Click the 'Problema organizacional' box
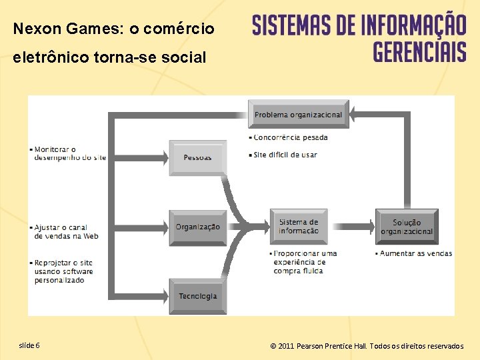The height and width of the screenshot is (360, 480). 298,115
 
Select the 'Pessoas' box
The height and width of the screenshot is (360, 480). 198,157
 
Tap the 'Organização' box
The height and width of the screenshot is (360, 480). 198,227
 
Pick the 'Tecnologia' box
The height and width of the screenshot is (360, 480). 198,296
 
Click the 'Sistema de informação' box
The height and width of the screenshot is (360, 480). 299,227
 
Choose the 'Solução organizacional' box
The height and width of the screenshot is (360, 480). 407,227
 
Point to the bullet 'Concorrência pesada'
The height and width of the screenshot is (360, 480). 291,138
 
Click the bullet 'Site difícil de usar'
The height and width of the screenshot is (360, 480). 285,155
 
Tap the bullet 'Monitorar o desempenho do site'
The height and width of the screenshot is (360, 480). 69,153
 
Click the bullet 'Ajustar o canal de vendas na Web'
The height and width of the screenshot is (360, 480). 66,231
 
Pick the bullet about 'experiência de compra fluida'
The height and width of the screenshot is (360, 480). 305,262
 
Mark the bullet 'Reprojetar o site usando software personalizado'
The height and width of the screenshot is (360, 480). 63,271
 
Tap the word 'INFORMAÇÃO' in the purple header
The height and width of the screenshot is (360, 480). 413,25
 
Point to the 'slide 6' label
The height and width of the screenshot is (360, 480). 29,345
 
